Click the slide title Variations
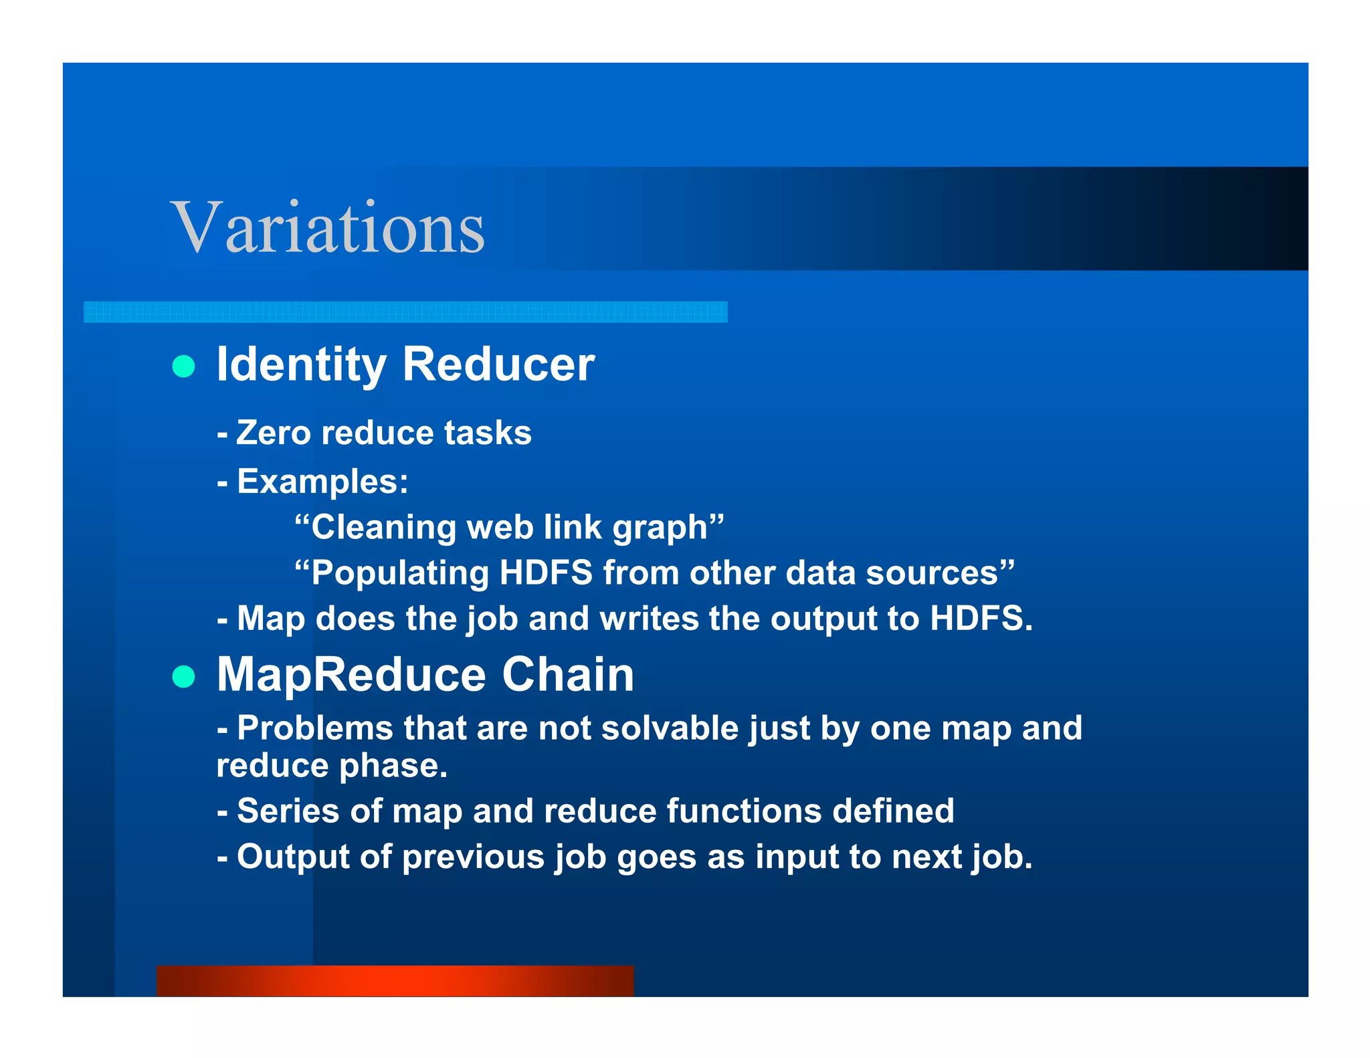coord(327,228)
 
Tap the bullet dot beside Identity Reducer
coord(183,366)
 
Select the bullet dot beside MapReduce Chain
coord(183,676)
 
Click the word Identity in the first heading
coord(301,365)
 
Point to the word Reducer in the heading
coord(498,365)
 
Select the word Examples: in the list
coord(322,482)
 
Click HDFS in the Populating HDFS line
coord(545,573)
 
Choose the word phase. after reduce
coord(393,766)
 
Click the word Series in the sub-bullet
coord(288,811)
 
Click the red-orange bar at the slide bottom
coord(395,980)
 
